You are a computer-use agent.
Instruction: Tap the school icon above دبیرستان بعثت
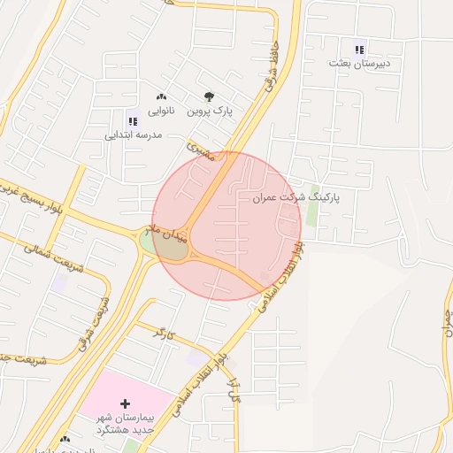[358, 50]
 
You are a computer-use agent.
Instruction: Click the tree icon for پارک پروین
[209, 96]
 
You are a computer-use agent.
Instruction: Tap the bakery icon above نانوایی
[160, 96]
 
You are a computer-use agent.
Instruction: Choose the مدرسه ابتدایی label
[133, 135]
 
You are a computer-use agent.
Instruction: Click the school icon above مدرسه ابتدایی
[133, 121]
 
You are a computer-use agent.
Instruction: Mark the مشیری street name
[201, 150]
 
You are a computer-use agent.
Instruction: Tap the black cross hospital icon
[124, 403]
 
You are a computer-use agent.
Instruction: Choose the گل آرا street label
[234, 386]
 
